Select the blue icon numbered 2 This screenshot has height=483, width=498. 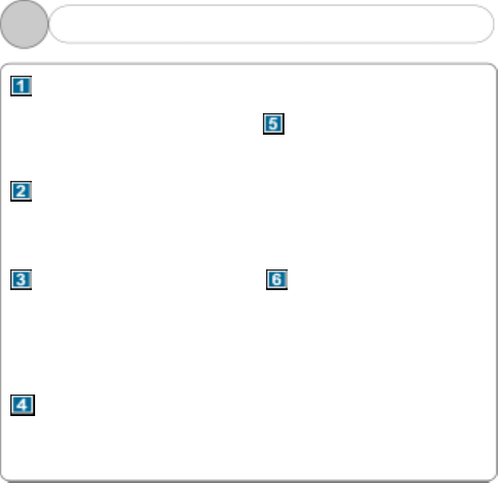(x=22, y=191)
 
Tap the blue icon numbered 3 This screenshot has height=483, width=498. (x=22, y=280)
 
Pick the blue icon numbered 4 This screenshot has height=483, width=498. (x=22, y=405)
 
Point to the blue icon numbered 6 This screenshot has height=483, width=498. (x=276, y=280)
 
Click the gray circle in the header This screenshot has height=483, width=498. (x=24, y=25)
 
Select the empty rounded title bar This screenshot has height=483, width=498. (x=271, y=25)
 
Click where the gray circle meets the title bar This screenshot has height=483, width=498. (x=49, y=25)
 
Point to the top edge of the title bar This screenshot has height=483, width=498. (x=271, y=6)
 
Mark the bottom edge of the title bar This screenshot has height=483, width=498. (x=271, y=43)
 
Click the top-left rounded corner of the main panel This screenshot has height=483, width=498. (x=6, y=68)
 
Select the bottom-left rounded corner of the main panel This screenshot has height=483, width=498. (x=6, y=477)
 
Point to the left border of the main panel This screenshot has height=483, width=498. (x=2, y=271)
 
